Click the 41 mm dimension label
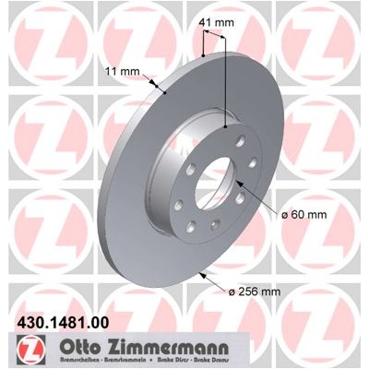216,22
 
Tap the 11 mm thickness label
123,72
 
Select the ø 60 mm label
304,215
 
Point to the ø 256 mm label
255,292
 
